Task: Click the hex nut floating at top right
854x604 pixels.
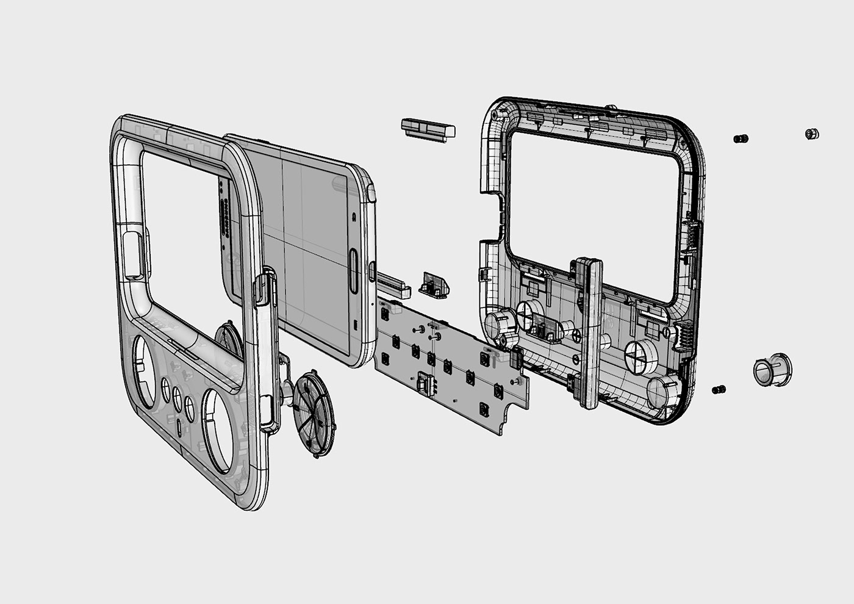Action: (811, 134)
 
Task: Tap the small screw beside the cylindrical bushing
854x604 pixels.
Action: (719, 389)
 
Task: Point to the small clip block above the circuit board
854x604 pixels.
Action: (434, 285)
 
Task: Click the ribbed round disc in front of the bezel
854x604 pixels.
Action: (314, 414)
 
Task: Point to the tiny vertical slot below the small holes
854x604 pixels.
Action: (178, 426)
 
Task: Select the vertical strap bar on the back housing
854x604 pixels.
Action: (587, 333)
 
